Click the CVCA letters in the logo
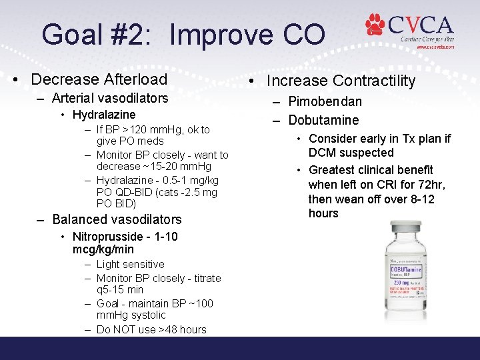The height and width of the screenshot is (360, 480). click(x=420, y=25)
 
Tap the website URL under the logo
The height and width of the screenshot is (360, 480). click(x=435, y=48)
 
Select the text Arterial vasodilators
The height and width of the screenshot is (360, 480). click(x=110, y=98)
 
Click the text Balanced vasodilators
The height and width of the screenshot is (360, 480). click(x=117, y=219)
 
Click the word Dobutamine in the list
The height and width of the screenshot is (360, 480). click(x=323, y=120)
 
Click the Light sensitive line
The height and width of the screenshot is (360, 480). click(x=130, y=264)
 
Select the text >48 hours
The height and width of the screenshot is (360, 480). click(x=183, y=329)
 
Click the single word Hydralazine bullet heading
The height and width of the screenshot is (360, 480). click(x=104, y=115)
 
